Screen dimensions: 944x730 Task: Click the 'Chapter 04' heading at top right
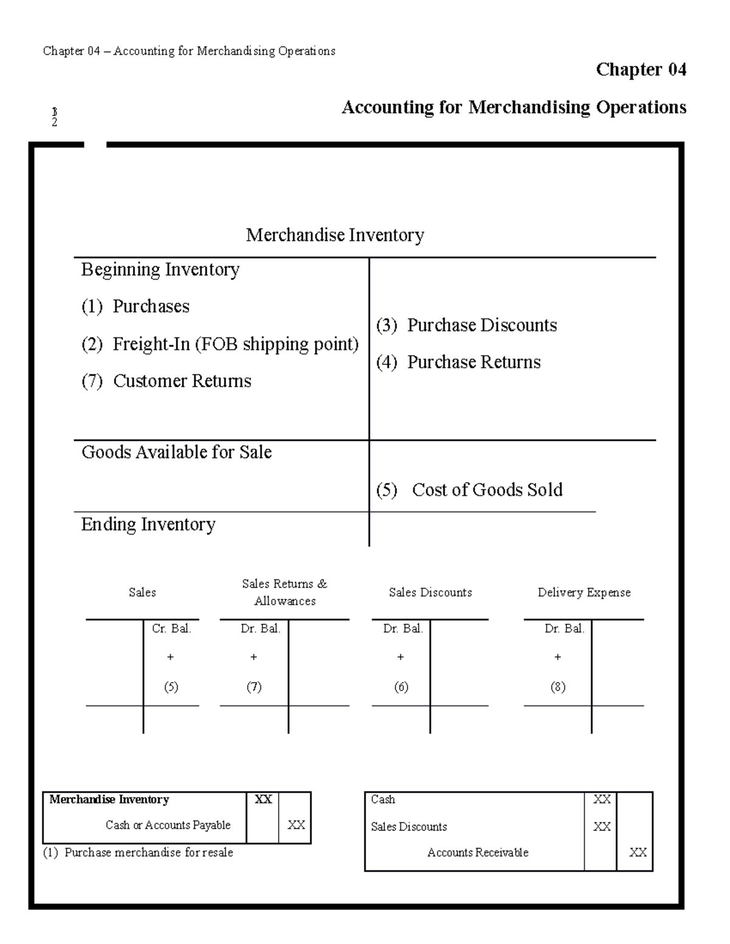click(x=641, y=70)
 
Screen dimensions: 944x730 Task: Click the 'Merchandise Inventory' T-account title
click(x=335, y=235)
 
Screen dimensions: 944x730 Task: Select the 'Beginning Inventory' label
click(x=160, y=270)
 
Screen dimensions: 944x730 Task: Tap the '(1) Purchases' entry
click(x=136, y=306)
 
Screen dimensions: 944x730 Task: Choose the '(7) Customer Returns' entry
click(x=166, y=381)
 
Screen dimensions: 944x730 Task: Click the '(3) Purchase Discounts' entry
click(x=466, y=325)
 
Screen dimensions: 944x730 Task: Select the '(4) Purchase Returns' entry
click(x=458, y=362)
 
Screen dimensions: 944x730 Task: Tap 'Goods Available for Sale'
click(x=176, y=452)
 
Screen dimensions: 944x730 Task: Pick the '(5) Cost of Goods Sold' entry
click(x=469, y=490)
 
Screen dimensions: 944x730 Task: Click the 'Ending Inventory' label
click(x=148, y=525)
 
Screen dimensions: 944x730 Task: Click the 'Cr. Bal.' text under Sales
click(x=172, y=629)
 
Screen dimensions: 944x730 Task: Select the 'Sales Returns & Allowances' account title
click(x=285, y=592)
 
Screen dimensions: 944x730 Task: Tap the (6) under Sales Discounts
click(x=401, y=687)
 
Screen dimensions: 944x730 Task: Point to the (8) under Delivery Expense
click(x=558, y=687)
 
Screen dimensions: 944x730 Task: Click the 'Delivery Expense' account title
click(x=584, y=593)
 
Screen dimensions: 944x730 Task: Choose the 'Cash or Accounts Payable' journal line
click(x=168, y=825)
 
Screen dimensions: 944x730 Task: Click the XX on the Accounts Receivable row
click(x=638, y=853)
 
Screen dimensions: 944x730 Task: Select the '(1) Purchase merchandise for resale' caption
click(x=138, y=853)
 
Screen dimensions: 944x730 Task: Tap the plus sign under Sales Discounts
click(x=400, y=657)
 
